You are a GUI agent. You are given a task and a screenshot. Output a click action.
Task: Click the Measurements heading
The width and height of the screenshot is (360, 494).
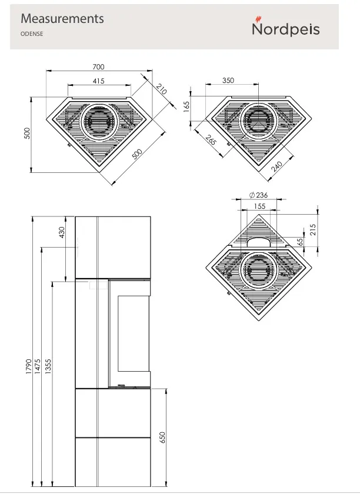click(62, 19)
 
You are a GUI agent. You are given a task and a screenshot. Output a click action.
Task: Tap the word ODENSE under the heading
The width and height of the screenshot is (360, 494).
click(32, 34)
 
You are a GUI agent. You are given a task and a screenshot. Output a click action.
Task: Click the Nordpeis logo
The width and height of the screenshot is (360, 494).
click(286, 27)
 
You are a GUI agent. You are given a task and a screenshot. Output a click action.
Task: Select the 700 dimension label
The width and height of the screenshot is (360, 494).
click(98, 67)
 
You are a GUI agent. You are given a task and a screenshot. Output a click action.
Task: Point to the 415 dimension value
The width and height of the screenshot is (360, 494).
click(98, 81)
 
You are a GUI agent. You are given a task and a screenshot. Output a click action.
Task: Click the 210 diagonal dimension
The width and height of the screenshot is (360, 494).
click(161, 89)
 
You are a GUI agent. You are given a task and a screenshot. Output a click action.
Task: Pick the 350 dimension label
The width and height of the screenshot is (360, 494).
click(228, 81)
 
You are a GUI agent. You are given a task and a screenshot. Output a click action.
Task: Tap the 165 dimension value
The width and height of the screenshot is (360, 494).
click(186, 106)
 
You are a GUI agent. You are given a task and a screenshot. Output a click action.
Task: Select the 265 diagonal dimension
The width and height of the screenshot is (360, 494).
click(211, 139)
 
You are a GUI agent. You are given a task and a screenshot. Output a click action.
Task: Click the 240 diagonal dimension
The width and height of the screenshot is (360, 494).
click(276, 166)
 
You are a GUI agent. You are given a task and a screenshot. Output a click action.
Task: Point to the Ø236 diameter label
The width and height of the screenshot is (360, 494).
click(258, 195)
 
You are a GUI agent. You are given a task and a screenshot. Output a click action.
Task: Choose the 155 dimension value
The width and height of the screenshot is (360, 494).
click(259, 206)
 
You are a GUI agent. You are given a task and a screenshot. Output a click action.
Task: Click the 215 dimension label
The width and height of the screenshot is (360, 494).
click(312, 230)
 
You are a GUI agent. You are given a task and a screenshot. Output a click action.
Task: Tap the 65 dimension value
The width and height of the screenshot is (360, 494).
click(300, 242)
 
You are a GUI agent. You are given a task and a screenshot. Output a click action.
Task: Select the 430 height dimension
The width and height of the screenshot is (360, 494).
click(62, 232)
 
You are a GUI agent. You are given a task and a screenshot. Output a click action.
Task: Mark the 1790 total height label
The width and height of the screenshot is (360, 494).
click(29, 366)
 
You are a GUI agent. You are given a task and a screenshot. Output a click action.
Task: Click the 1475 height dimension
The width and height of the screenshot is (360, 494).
click(38, 366)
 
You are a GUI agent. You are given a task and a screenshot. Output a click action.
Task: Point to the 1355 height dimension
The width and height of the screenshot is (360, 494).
click(48, 366)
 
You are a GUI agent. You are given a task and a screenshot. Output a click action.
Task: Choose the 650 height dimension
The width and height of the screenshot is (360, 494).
click(162, 438)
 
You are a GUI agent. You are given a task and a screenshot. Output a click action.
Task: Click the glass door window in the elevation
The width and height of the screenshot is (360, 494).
click(134, 333)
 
